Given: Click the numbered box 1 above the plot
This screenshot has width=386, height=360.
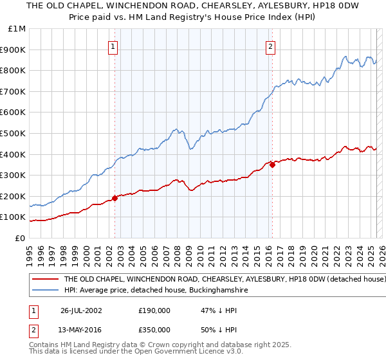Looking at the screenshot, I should tap(113, 46).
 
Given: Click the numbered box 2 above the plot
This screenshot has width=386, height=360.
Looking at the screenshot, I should tap(271, 46).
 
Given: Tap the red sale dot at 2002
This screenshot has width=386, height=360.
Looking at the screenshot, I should tap(115, 198).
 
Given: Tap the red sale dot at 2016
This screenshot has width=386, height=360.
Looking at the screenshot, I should tap(273, 165).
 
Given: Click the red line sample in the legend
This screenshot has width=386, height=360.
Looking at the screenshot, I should tap(45, 280).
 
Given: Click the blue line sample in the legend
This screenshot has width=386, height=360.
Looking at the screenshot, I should tap(45, 291).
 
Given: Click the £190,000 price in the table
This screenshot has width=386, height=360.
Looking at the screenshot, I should tap(154, 310).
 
